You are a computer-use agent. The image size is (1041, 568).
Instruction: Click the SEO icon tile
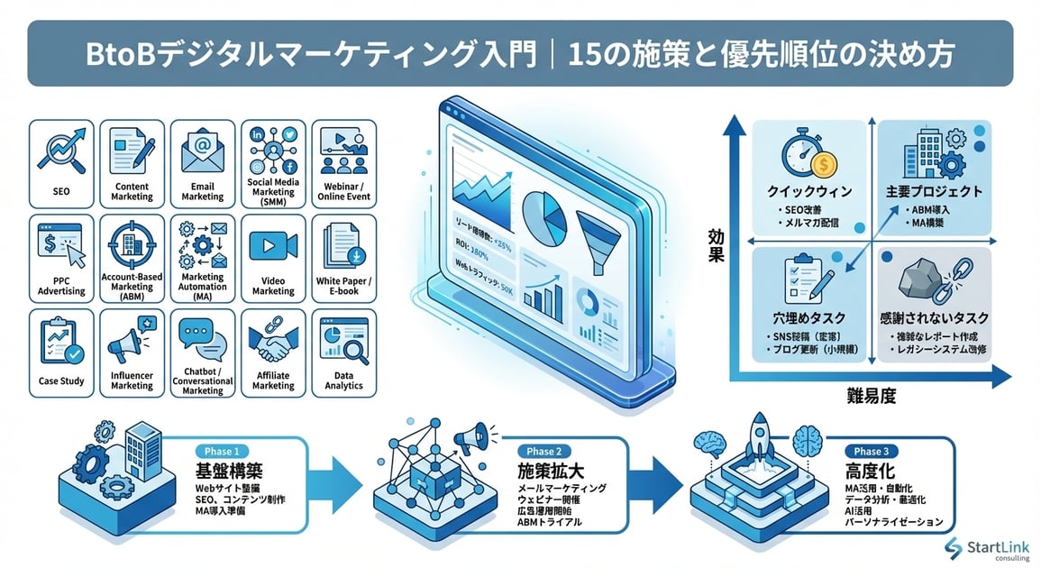coord(61,162)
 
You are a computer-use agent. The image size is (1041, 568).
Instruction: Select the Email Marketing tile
coord(203,162)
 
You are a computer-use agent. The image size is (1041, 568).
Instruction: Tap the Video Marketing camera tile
coord(273,256)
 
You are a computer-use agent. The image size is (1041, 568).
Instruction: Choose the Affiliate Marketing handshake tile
coord(273,351)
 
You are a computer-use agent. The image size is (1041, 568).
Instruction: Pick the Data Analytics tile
coord(343,351)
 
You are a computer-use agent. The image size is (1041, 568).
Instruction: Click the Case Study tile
coord(61,351)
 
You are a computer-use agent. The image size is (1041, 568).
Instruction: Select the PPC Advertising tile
coord(61,256)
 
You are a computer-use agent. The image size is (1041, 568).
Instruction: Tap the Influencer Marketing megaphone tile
coord(132,351)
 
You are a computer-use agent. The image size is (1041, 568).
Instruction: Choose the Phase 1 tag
coord(217,451)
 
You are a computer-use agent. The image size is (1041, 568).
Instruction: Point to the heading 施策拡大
coord(549,471)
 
